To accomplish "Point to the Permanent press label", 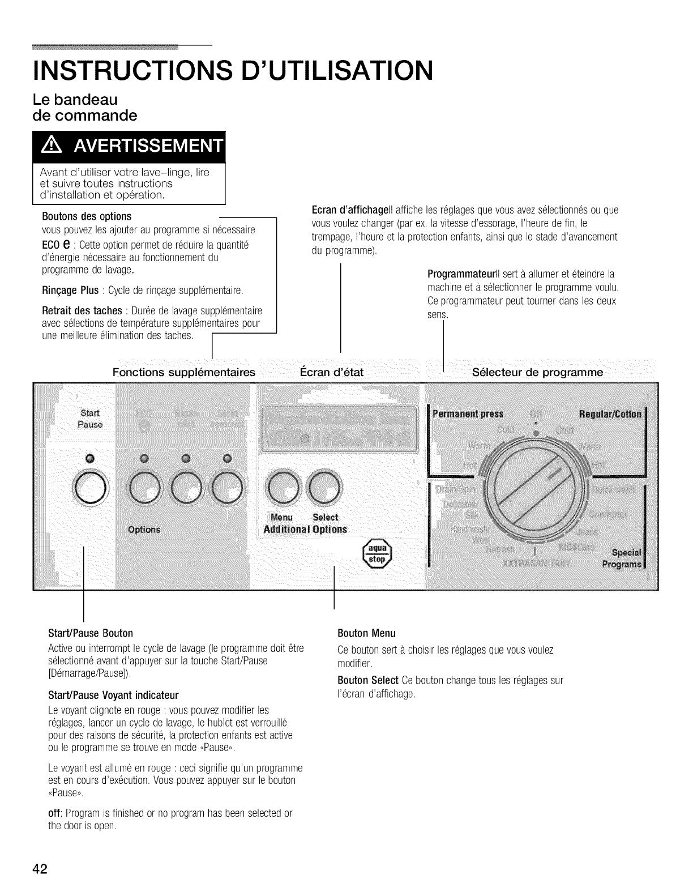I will (x=468, y=413).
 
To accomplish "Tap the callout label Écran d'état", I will (x=331, y=372).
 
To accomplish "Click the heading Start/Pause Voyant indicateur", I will (x=114, y=695).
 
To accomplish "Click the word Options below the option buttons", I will (x=144, y=530).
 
